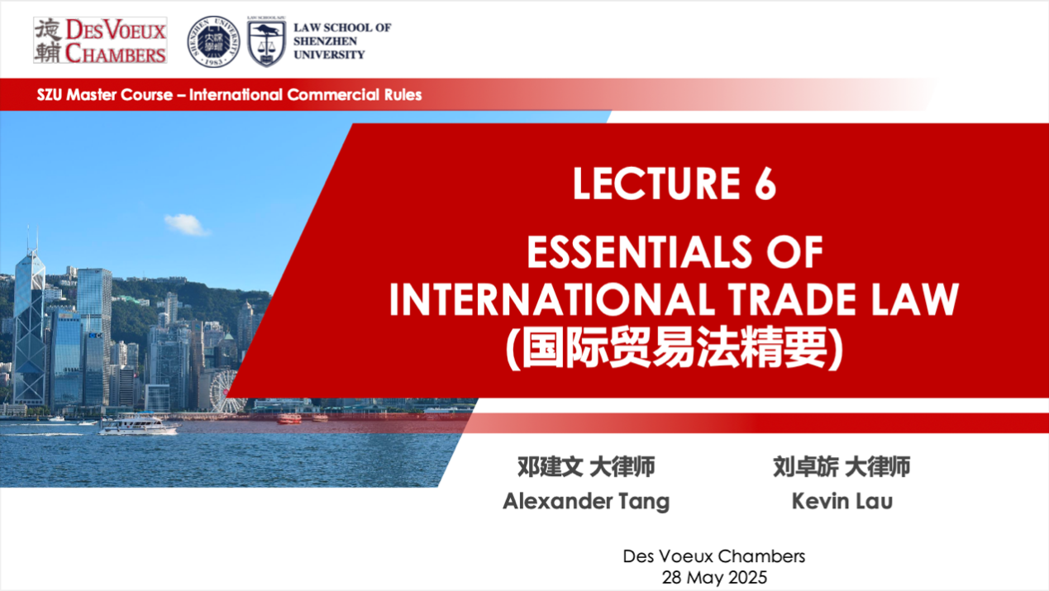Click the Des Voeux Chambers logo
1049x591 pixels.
coord(100,41)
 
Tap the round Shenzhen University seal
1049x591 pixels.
coord(213,41)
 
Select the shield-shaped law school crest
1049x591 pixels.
coord(266,42)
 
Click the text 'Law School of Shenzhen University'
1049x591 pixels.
coord(342,41)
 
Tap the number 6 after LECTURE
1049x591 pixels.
coord(765,183)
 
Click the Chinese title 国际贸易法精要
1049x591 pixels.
coord(675,347)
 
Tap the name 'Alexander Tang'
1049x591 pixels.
coord(586,501)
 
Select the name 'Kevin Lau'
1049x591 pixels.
coord(842,501)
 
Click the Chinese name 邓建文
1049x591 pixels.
coord(550,467)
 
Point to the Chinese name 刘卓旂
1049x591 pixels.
coord(806,467)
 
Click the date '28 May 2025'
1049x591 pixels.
coord(714,578)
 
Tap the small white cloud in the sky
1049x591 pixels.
coord(186,224)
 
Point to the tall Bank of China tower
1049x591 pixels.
coord(30,323)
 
